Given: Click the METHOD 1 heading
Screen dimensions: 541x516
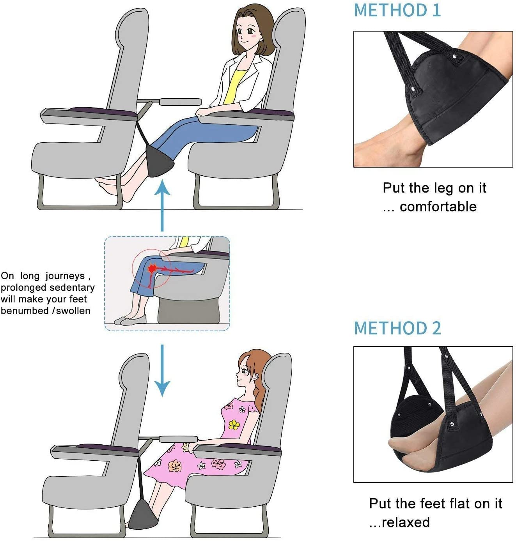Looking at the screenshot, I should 397,10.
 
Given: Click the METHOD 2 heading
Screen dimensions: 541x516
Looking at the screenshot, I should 397,328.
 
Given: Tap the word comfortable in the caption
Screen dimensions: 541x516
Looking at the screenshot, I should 438,207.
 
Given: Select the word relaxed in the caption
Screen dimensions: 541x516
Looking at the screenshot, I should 406,522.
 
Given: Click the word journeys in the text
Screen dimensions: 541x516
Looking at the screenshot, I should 65,276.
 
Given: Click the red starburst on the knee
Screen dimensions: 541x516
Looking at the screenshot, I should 151,269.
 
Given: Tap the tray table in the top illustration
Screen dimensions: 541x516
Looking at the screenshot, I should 179,102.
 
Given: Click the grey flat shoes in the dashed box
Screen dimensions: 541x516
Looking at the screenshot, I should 131,321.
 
